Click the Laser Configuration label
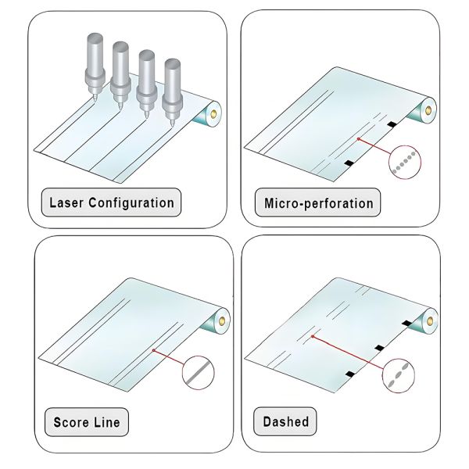pyautogui.click(x=111, y=203)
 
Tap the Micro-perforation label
pyautogui.click(x=318, y=204)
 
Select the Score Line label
pyautogui.click(x=87, y=424)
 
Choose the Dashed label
pyautogui.click(x=287, y=422)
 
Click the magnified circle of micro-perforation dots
pyautogui.click(x=403, y=163)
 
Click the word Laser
pyautogui.click(x=66, y=203)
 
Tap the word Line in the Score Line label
pyautogui.click(x=107, y=424)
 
